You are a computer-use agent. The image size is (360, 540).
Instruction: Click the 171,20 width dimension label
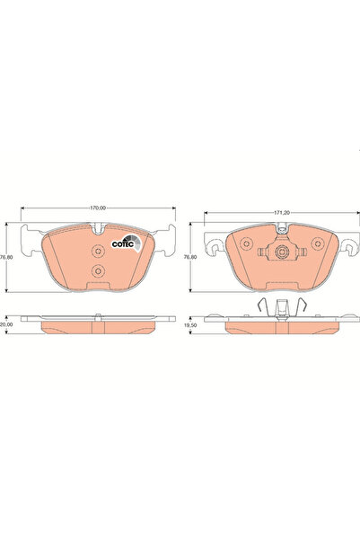(282, 213)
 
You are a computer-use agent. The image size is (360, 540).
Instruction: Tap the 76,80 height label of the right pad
(189, 257)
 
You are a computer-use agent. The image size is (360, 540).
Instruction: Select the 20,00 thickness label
(8, 328)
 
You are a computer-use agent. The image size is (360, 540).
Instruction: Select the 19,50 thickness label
(189, 328)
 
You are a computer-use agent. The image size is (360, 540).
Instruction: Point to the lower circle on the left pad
(99, 272)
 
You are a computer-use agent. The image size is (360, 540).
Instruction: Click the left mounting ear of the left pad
(30, 238)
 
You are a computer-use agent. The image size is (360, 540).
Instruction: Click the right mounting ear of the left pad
(168, 238)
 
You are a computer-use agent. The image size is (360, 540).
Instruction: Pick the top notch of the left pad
(99, 230)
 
